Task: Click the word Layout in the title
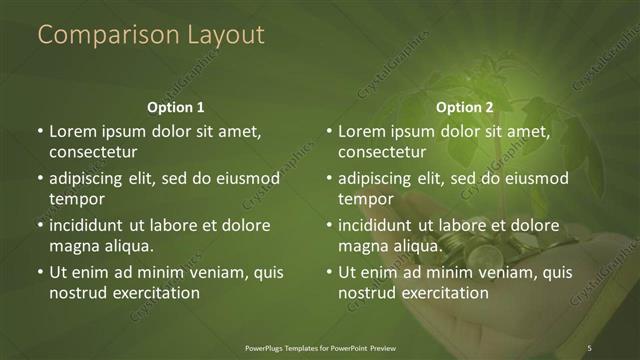(226, 35)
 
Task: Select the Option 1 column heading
(175, 107)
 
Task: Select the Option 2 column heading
(465, 107)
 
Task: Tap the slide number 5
(590, 347)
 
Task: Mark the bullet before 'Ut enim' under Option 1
(39, 271)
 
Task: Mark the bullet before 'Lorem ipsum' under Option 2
(329, 131)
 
